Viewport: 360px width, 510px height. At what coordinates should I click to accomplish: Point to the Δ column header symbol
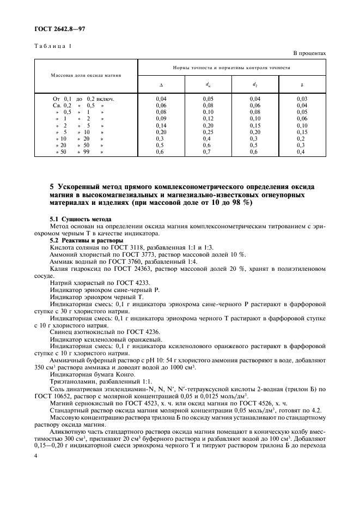click(161, 84)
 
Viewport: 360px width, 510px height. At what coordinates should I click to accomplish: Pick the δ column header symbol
click(302, 84)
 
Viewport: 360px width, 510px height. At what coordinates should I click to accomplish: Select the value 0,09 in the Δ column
click(161, 118)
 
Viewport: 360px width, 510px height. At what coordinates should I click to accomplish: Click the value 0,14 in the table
click(161, 125)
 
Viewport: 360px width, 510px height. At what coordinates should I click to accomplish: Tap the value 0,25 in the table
click(209, 132)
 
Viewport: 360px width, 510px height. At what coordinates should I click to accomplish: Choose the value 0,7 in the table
click(209, 152)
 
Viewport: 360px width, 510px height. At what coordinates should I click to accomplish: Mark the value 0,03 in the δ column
click(302, 98)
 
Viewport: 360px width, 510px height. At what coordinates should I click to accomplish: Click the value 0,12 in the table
click(209, 118)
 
